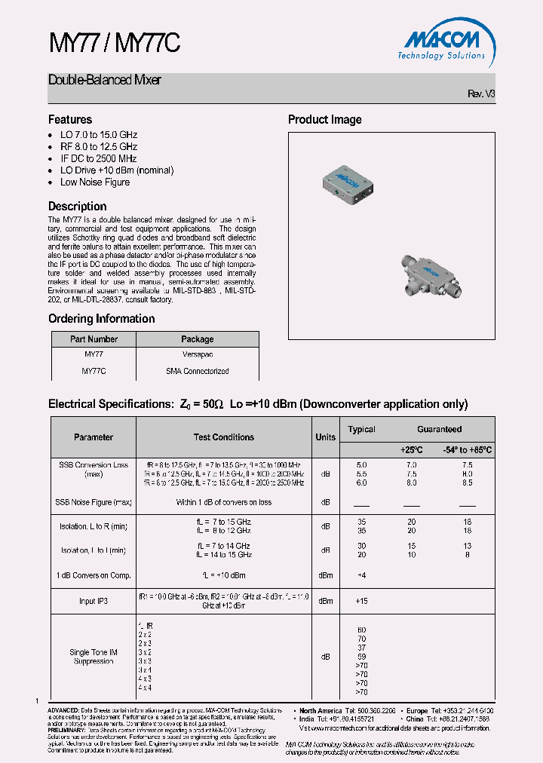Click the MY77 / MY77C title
point(114,44)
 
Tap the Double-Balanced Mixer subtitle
point(104,80)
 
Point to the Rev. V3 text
point(481,94)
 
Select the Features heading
point(70,120)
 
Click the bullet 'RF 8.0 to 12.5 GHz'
point(99,146)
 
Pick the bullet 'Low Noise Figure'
point(95,182)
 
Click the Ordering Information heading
point(101,319)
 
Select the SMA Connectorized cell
point(197,372)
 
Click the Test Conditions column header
point(224,437)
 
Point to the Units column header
point(325,437)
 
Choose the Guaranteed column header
point(439,429)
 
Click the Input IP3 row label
point(94,601)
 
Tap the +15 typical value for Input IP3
point(361,601)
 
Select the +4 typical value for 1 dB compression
point(361,575)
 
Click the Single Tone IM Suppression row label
point(94,657)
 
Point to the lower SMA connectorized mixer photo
point(426,275)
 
